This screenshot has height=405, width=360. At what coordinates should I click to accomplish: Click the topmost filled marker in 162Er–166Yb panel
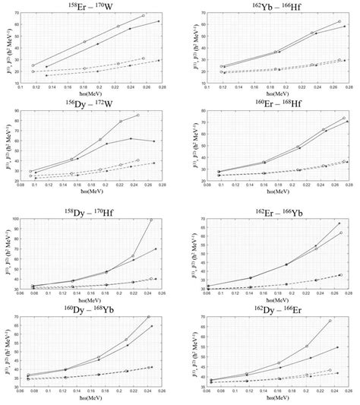(x=339, y=223)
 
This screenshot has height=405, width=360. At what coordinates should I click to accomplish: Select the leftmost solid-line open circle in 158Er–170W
(x=33, y=66)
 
